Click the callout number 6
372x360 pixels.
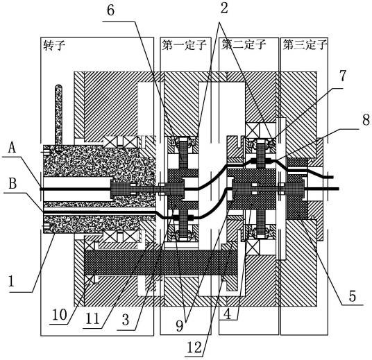111,10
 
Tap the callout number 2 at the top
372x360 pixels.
224,8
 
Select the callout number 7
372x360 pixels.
343,76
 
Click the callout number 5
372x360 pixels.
353,296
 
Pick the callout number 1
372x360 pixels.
11,281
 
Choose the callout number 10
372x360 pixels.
60,315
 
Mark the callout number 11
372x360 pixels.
92,319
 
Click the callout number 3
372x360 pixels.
126,320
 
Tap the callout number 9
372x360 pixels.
180,326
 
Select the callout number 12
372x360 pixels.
194,348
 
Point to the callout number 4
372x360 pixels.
227,315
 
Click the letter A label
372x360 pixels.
12,148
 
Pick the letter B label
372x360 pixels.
12,184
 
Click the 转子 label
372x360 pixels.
54,45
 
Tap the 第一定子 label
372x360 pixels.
184,45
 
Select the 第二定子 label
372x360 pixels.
244,44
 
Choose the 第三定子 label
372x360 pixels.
305,44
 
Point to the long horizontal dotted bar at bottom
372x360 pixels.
161,262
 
